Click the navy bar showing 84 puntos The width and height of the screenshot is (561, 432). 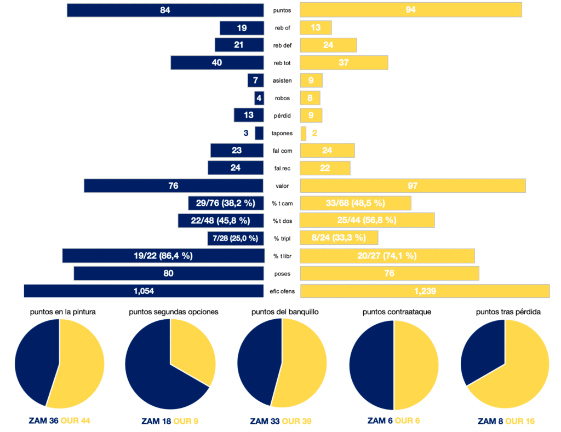(165, 10)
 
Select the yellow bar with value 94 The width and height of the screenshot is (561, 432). (411, 10)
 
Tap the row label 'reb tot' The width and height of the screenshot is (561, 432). (282, 63)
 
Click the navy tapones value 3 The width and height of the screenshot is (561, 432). (246, 133)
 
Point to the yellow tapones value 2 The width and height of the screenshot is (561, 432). (314, 133)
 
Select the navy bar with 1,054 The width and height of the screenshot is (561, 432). (144, 291)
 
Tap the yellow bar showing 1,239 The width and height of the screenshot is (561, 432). (425, 291)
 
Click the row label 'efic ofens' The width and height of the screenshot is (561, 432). (282, 291)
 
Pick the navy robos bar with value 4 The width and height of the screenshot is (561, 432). (259, 98)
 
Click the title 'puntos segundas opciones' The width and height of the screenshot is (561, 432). (174, 312)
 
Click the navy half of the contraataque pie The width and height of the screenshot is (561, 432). (371, 364)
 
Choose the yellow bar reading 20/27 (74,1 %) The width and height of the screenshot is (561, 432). (387, 256)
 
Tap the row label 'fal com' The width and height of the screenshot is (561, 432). (282, 151)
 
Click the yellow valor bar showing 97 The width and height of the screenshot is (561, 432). (413, 186)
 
